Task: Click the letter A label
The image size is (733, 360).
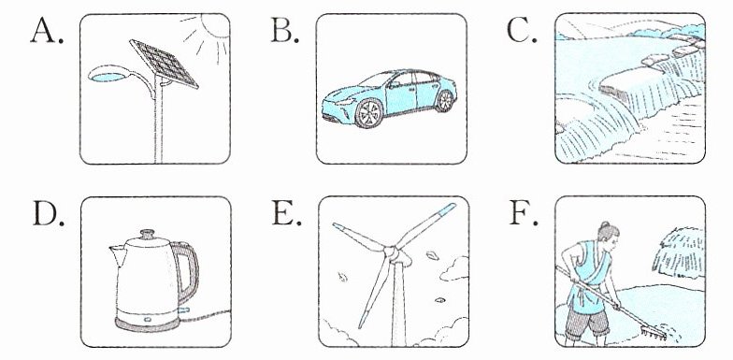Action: tap(47, 32)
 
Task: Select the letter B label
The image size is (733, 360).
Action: tap(284, 32)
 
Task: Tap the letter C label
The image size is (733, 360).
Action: tap(522, 32)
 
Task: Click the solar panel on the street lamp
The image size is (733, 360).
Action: tap(165, 64)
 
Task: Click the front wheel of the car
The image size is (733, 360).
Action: tap(369, 113)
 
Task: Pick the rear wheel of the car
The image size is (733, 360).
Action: tap(445, 101)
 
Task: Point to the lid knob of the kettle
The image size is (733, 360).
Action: tap(148, 234)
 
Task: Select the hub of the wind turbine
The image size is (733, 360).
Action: tap(393, 253)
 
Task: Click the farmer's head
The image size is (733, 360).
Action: tap(609, 234)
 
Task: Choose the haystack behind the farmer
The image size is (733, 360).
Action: tap(679, 252)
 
